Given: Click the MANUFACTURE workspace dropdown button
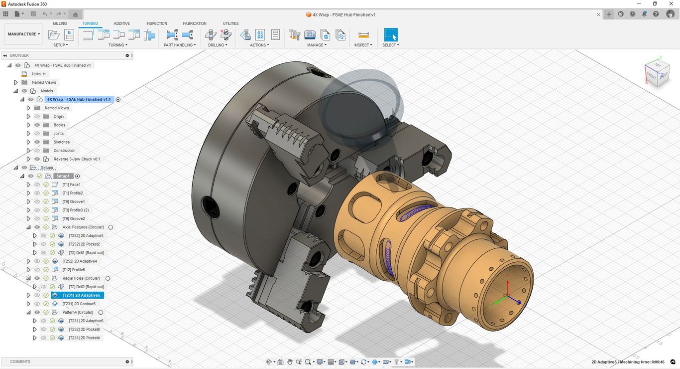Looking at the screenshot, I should (x=24, y=34).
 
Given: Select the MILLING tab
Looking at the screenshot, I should (x=60, y=23).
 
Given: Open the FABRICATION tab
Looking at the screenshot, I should (x=195, y=23).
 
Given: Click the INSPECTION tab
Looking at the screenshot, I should (x=157, y=23).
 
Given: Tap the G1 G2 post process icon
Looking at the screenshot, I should (x=260, y=34).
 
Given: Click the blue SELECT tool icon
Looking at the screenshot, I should (x=391, y=34).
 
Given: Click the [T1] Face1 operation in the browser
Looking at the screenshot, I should (x=71, y=184).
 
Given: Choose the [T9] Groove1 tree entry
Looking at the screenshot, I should (x=73, y=201).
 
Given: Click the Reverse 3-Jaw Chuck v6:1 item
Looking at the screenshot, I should (x=77, y=159).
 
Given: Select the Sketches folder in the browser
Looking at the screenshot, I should (x=62, y=142).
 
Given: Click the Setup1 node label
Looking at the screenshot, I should (x=63, y=176).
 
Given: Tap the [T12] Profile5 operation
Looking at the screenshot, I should (x=73, y=270).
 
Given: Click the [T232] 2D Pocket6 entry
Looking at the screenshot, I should (x=84, y=329).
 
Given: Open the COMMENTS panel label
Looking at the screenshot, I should (x=20, y=362).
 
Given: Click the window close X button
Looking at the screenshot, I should (x=670, y=4).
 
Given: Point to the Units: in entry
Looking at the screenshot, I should (x=38, y=74).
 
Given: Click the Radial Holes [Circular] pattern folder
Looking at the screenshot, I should (x=81, y=278).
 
